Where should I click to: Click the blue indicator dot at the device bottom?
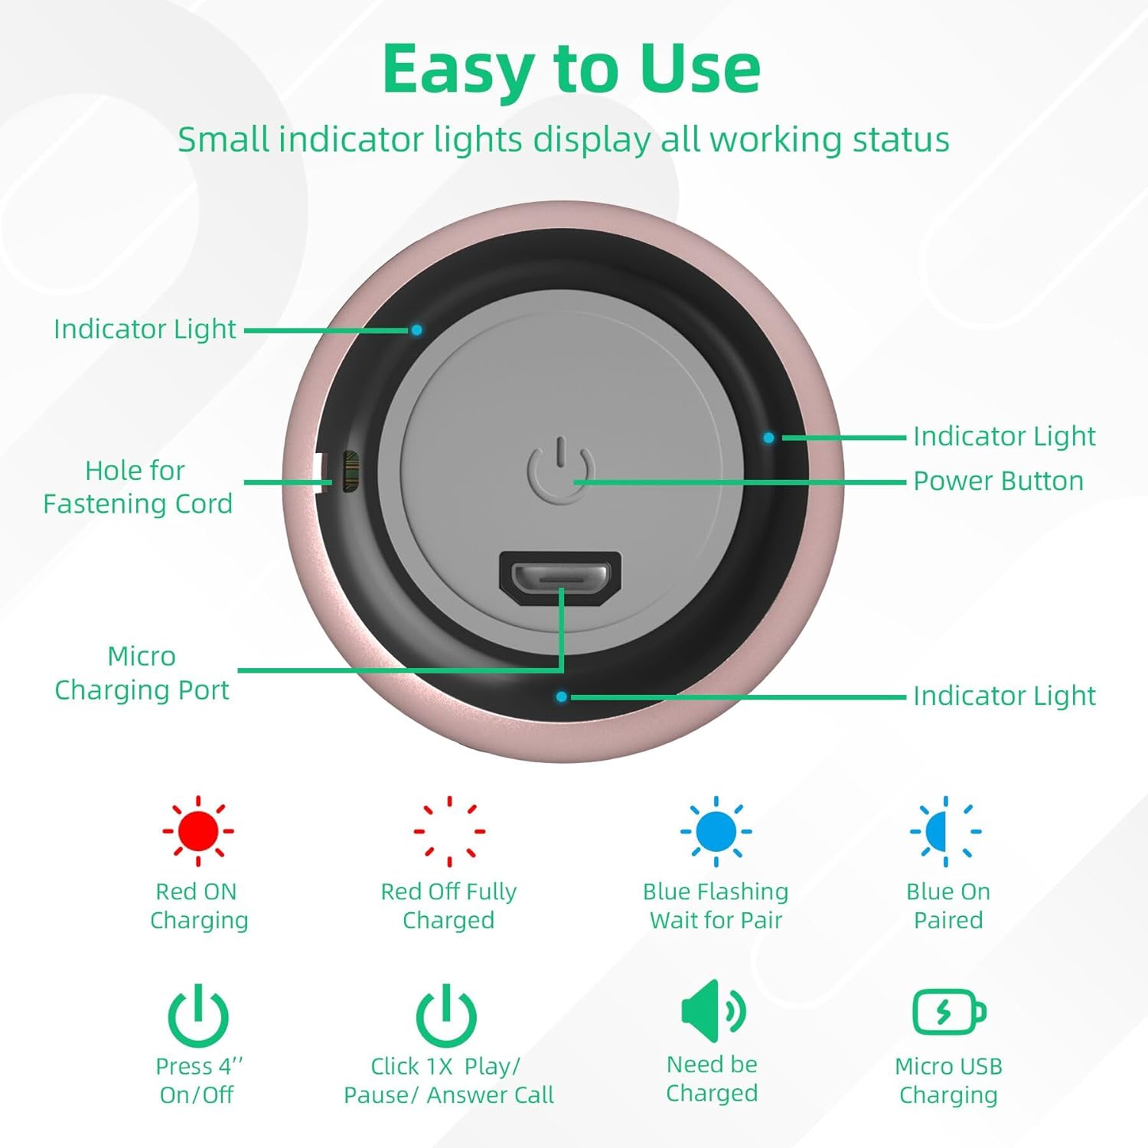pyautogui.click(x=562, y=697)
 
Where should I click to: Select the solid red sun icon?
pyautogui.click(x=197, y=830)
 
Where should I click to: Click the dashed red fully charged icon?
pyautogui.click(x=449, y=830)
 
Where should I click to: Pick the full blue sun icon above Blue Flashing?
pyautogui.click(x=716, y=830)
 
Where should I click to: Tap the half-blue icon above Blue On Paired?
pyautogui.click(x=946, y=830)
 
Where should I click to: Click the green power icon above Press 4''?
pyautogui.click(x=198, y=1016)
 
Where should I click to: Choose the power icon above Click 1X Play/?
pyautogui.click(x=446, y=1016)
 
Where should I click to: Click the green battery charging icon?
pyautogui.click(x=949, y=1012)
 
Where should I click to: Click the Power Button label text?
pyautogui.click(x=999, y=481)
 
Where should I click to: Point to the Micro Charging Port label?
pyautogui.click(x=142, y=673)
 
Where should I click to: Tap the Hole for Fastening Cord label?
pyautogui.click(x=137, y=488)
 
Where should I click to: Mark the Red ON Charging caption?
pyautogui.click(x=198, y=906)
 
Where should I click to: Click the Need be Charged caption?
pyautogui.click(x=712, y=1079)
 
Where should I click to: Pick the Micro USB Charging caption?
pyautogui.click(x=949, y=1081)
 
